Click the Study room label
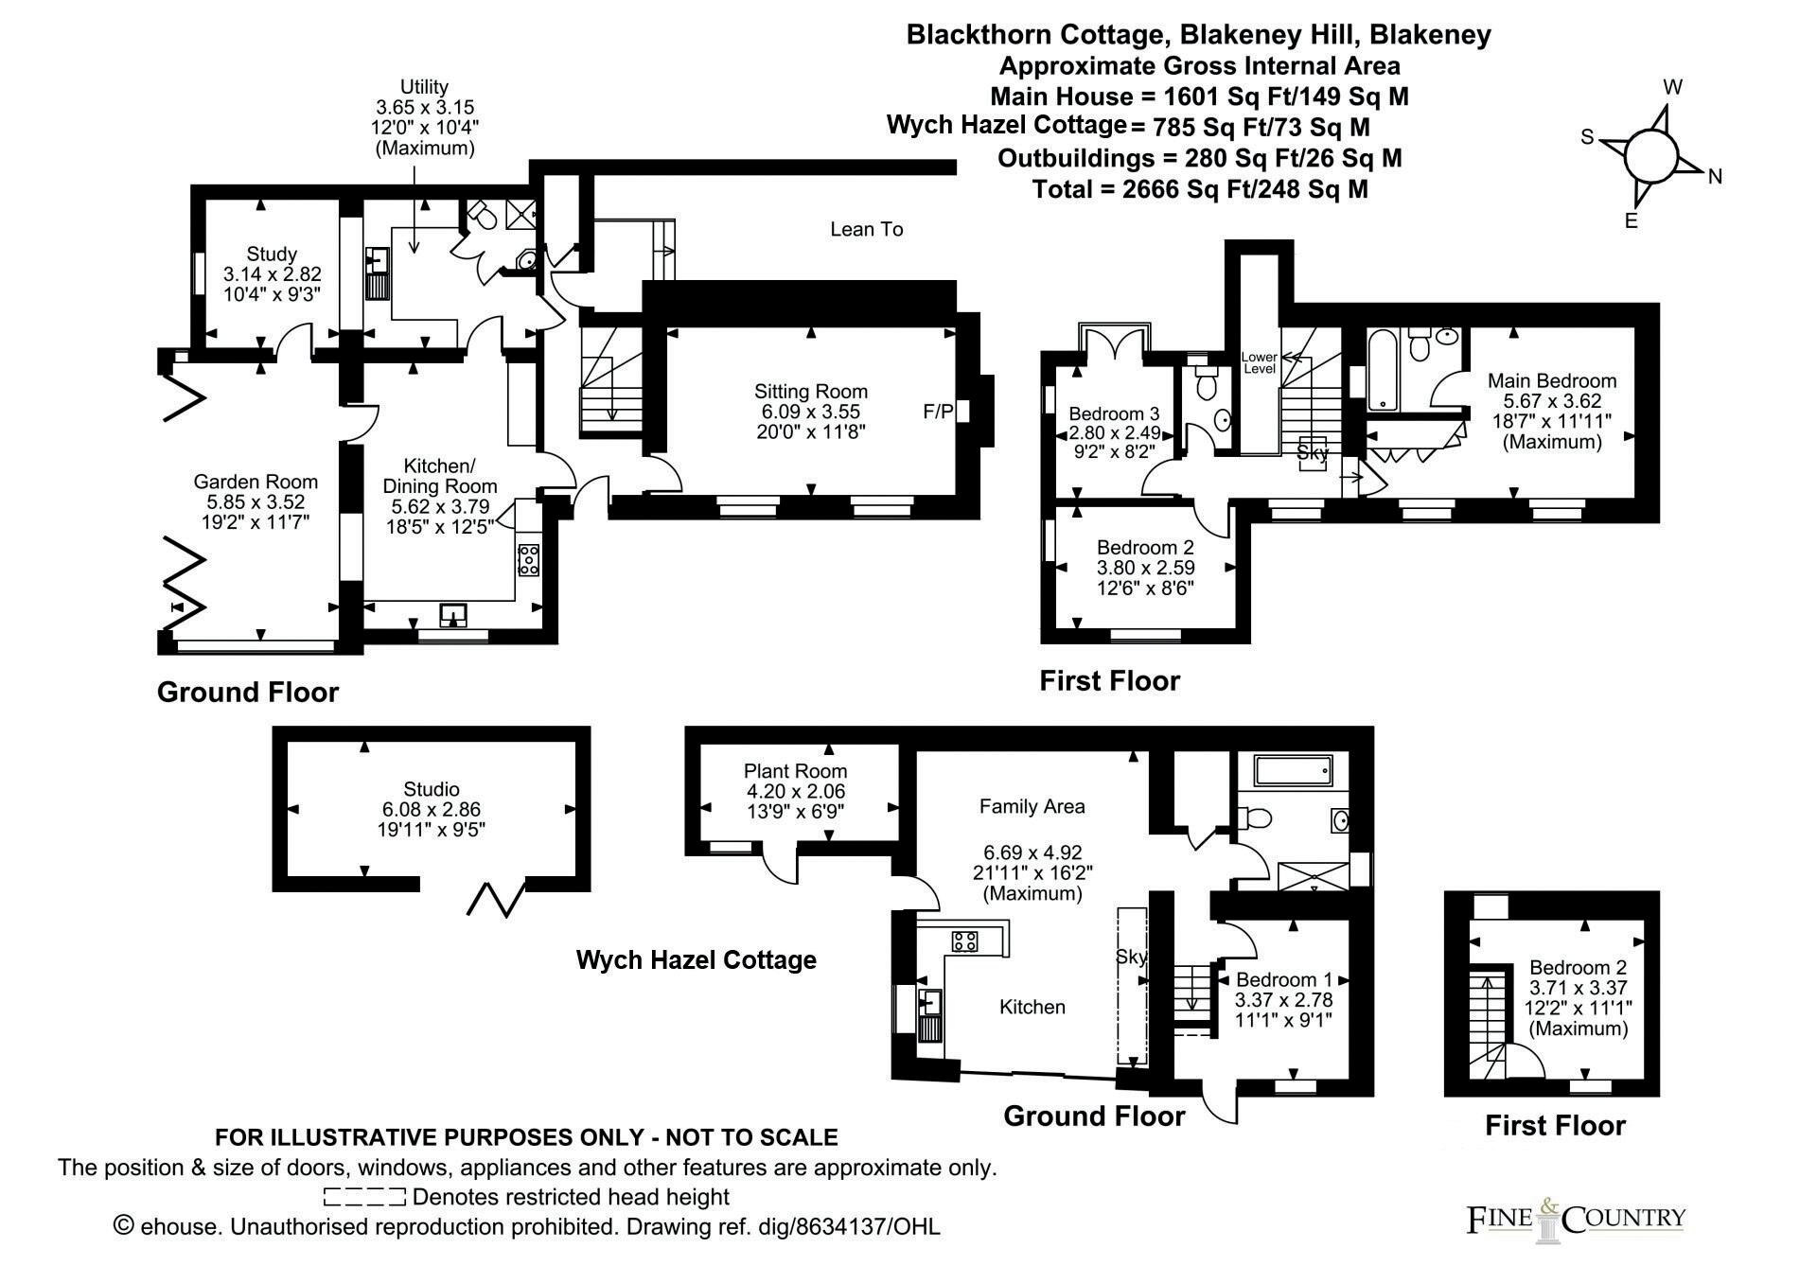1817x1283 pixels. (272, 254)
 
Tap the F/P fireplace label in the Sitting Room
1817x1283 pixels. (938, 412)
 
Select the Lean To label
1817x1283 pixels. (866, 229)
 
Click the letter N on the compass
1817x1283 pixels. (1714, 177)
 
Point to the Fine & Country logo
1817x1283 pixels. (1576, 1219)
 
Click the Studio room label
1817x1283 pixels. (432, 789)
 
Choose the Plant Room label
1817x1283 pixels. (795, 771)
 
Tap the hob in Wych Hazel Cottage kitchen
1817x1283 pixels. (964, 940)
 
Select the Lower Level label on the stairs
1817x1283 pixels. (1260, 362)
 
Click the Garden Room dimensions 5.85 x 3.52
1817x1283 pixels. (256, 502)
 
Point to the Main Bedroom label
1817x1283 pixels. (1552, 380)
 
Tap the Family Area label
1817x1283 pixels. (1032, 806)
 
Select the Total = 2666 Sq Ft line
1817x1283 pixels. (1199, 189)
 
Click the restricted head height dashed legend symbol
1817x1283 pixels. (364, 1197)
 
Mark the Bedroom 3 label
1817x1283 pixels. (1114, 413)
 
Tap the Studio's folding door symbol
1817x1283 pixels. (496, 900)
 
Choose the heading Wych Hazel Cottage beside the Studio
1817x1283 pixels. (696, 960)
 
